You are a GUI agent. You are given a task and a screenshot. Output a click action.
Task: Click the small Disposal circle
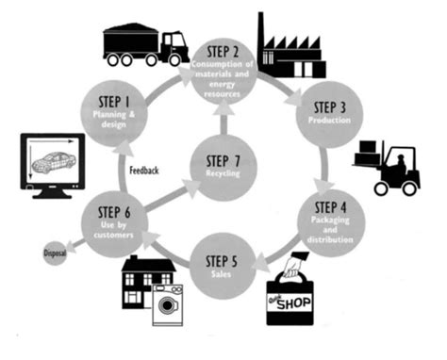coord(55,253)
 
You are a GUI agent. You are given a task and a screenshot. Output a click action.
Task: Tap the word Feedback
coord(144,171)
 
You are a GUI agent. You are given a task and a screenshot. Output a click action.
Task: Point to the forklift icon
coord(389,170)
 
